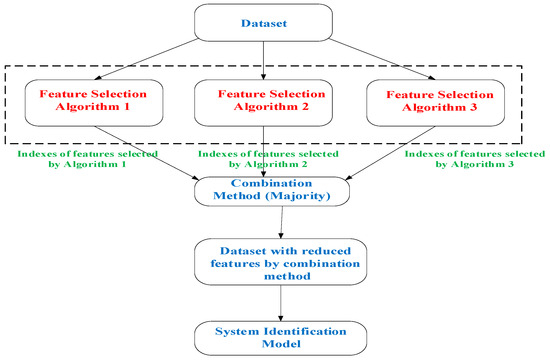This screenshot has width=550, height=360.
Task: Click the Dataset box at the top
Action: click(x=264, y=22)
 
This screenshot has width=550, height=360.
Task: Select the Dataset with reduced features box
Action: click(x=264, y=261)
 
